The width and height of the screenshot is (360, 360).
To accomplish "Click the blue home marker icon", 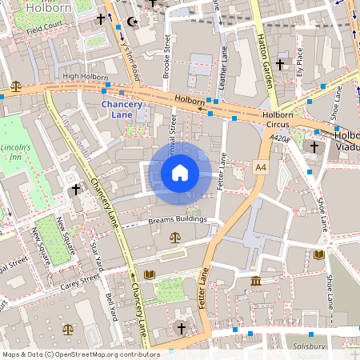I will [180, 173].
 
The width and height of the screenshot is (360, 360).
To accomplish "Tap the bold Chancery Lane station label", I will [128, 110].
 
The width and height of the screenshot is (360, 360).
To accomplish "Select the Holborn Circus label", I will [278, 120].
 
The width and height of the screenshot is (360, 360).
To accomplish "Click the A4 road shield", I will [261, 167].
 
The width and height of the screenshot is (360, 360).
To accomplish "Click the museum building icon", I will [255, 282].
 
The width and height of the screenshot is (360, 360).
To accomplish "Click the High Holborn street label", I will [85, 77].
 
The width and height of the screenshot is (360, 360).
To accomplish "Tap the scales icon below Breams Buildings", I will [175, 238].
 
